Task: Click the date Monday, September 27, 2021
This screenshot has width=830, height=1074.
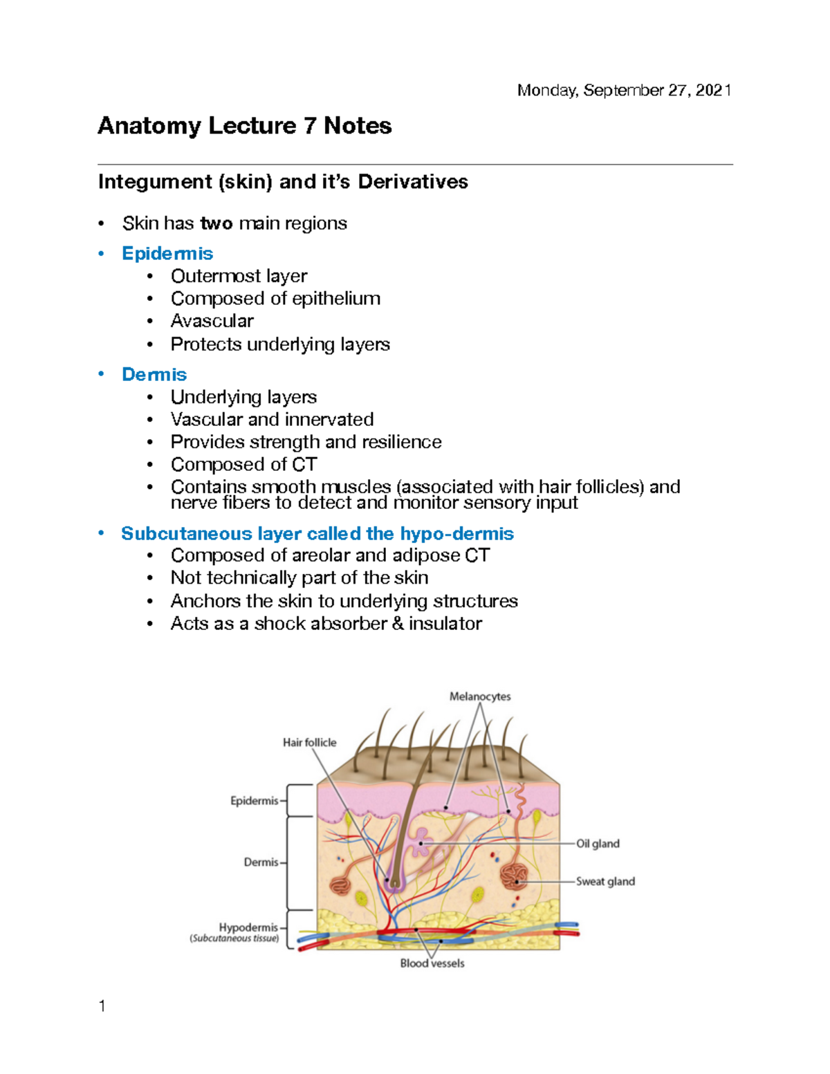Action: click(624, 91)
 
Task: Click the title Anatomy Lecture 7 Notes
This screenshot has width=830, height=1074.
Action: click(245, 126)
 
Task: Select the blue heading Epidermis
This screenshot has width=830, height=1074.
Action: click(167, 253)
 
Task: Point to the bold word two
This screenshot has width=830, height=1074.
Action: click(216, 223)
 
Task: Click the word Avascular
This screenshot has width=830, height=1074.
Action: click(212, 321)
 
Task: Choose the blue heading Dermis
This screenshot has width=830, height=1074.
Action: click(154, 374)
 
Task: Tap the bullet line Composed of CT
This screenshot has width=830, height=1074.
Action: click(243, 464)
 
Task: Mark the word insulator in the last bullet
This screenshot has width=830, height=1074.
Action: click(445, 623)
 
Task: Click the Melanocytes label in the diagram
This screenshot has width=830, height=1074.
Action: click(480, 696)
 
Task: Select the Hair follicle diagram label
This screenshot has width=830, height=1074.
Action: click(309, 742)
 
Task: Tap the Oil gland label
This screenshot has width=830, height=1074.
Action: click(598, 843)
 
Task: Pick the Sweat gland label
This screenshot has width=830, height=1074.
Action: click(605, 881)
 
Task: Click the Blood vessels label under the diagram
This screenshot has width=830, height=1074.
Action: click(432, 963)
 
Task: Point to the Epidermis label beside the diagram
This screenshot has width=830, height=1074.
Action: click(254, 800)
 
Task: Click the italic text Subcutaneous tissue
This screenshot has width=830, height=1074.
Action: click(234, 938)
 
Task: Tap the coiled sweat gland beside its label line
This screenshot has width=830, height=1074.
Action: click(515, 877)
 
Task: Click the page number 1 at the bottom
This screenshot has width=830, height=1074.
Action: click(102, 1006)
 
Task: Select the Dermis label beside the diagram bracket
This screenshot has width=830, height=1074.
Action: click(261, 862)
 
